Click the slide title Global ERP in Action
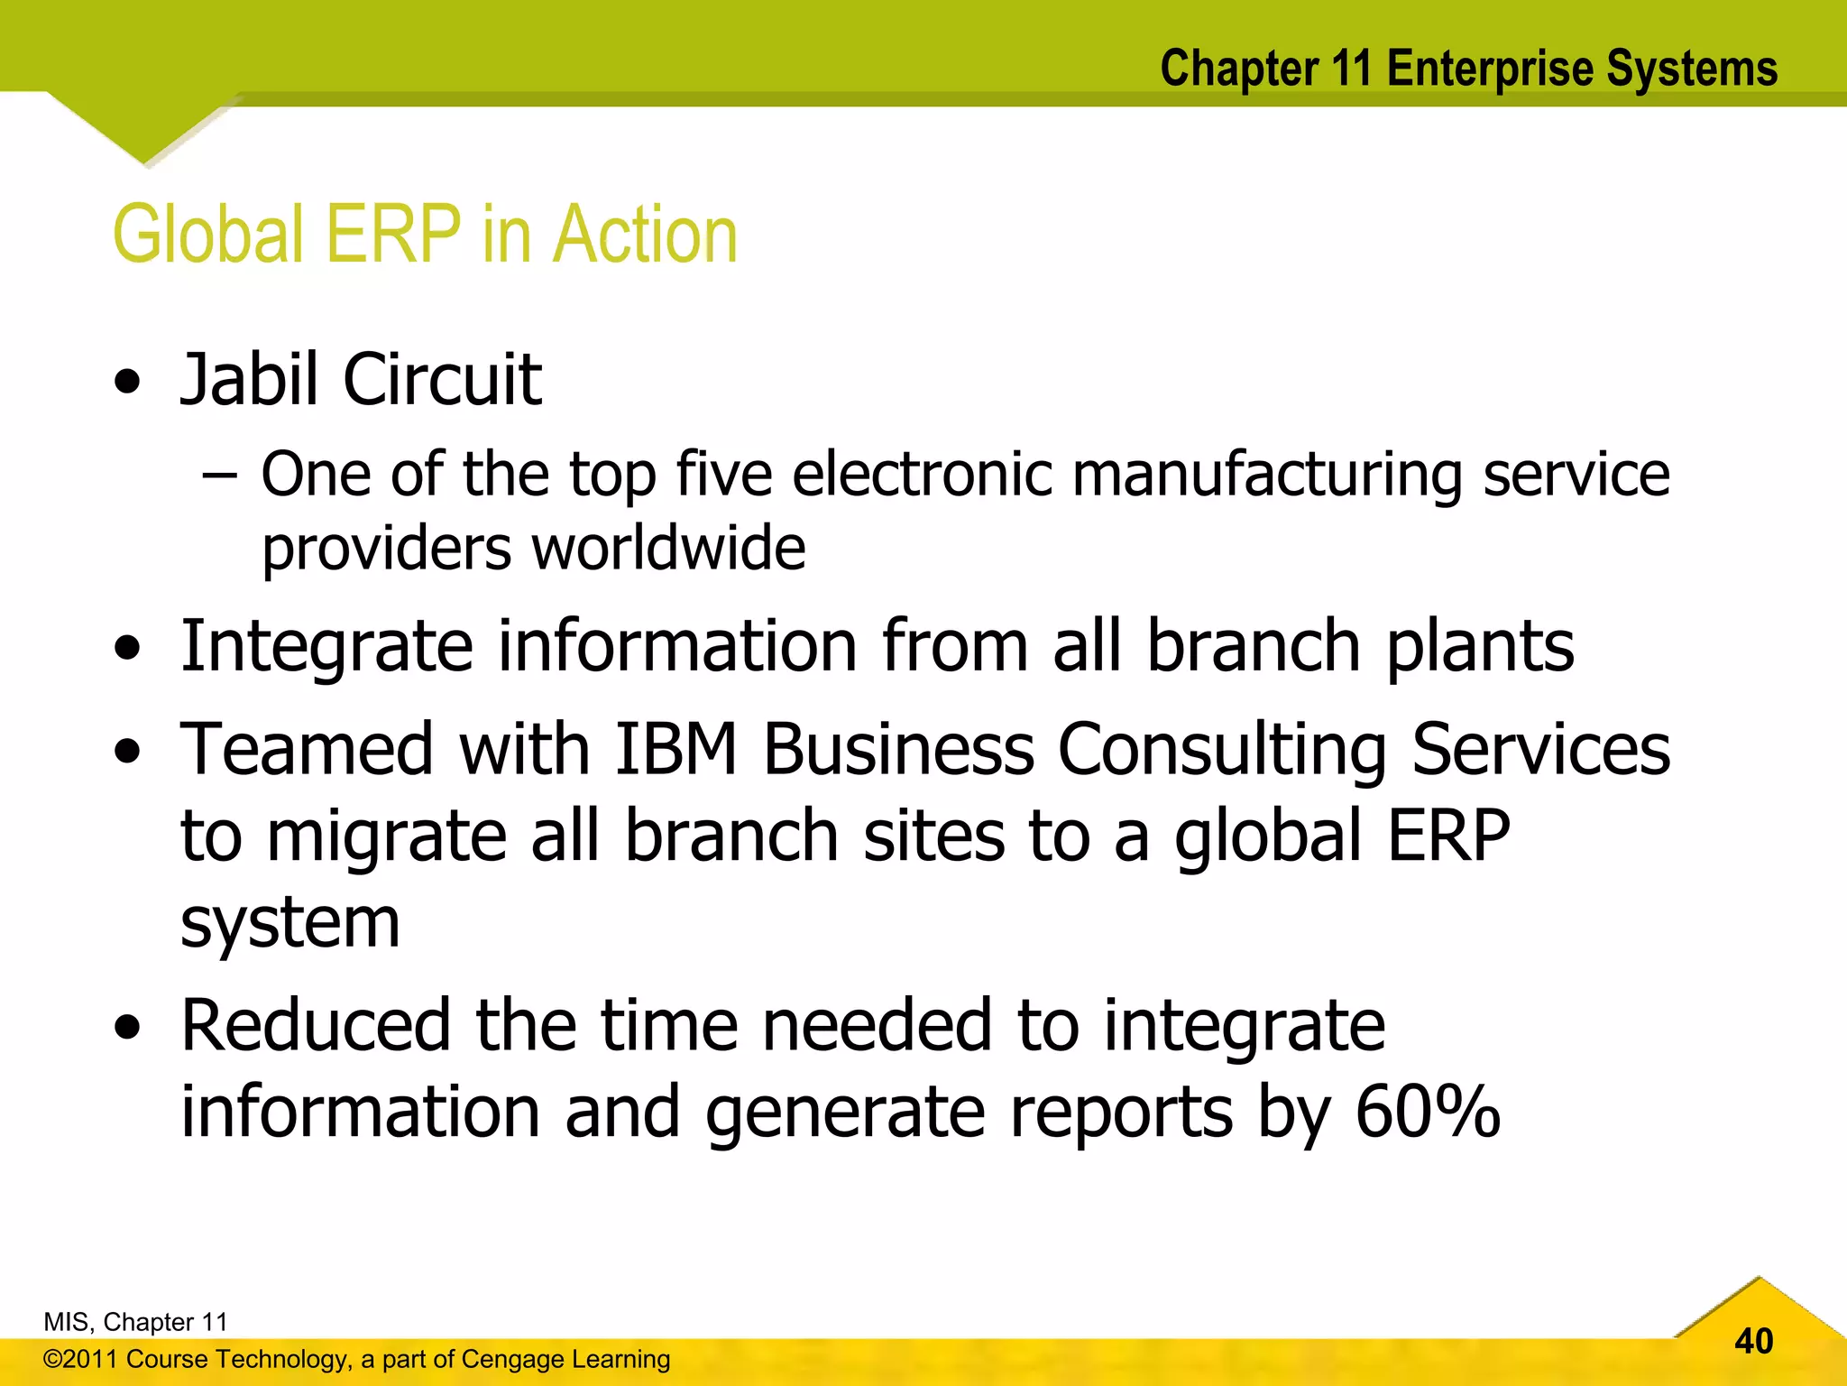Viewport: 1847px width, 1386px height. click(x=425, y=235)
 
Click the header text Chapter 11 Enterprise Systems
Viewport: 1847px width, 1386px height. click(x=1468, y=69)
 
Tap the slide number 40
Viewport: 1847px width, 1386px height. click(x=1753, y=1341)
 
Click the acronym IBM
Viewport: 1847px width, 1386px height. click(x=676, y=749)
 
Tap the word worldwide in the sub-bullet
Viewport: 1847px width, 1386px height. click(x=668, y=549)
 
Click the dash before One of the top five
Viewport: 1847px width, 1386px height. click(x=219, y=475)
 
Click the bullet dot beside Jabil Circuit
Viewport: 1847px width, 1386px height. click(x=128, y=383)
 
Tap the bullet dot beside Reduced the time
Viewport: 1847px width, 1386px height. click(x=128, y=1028)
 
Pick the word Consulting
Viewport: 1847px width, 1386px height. click(x=1221, y=751)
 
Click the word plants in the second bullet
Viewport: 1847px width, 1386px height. click(x=1479, y=647)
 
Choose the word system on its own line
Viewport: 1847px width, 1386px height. click(x=289, y=924)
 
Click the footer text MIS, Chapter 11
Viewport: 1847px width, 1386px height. click(x=135, y=1322)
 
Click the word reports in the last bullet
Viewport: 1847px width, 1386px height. click(x=1121, y=1112)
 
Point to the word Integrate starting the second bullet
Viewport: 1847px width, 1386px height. click(x=326, y=647)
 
